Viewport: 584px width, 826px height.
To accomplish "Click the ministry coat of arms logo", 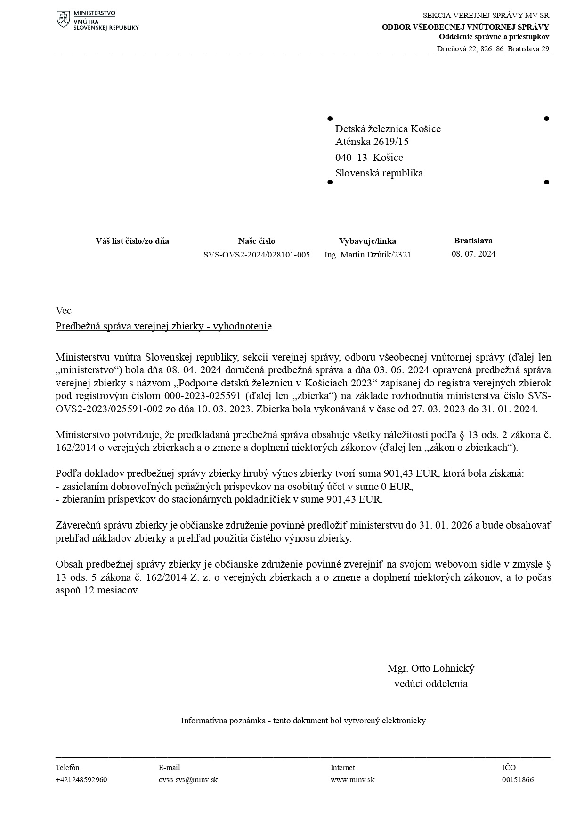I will [x=64, y=19].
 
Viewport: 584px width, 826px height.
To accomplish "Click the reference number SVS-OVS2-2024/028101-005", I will [x=257, y=255].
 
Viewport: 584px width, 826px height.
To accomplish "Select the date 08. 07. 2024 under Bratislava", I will [x=473, y=254].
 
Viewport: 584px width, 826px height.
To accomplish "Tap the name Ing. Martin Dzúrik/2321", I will [x=367, y=255].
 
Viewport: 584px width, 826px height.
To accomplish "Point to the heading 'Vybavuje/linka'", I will [x=367, y=241].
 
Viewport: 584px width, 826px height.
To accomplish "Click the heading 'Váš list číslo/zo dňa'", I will [x=132, y=241].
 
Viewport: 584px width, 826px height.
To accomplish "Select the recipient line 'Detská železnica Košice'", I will [x=388, y=129].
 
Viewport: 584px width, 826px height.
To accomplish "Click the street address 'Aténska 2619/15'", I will [x=372, y=142].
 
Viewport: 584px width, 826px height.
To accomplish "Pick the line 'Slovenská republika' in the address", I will [x=379, y=173].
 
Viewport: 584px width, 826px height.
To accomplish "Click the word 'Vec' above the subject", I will [x=64, y=310].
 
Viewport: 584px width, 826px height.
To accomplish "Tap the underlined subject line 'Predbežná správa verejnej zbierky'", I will [x=163, y=326].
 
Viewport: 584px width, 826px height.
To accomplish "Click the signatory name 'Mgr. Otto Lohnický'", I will [x=430, y=668].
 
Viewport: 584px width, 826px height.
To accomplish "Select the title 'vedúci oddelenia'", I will [x=430, y=683].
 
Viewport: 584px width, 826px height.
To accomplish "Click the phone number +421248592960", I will [x=81, y=779].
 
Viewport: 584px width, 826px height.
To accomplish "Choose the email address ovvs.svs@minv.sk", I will [x=188, y=779].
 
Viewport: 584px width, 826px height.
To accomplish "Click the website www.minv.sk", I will [x=352, y=779].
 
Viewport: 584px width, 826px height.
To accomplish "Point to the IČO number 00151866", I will [x=518, y=779].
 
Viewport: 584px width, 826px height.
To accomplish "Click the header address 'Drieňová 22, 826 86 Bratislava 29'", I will [x=493, y=48].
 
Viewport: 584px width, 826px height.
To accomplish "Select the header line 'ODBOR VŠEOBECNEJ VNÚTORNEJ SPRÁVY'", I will [x=465, y=27].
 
